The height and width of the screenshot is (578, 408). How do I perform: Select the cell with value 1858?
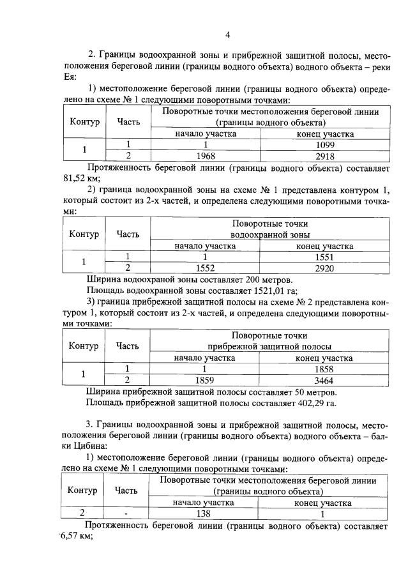pyautogui.click(x=324, y=369)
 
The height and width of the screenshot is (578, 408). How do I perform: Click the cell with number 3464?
pyautogui.click(x=324, y=380)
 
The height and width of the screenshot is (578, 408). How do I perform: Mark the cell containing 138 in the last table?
pyautogui.click(x=204, y=513)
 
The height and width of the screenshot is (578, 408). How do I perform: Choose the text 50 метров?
pyautogui.click(x=309, y=392)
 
